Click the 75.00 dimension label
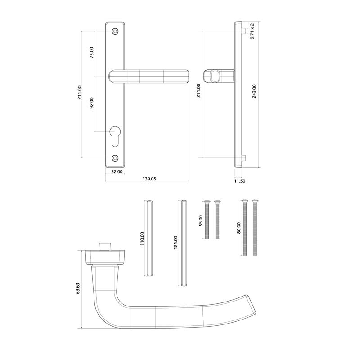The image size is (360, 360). pos(92,52)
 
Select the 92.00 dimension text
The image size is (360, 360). pos(92,103)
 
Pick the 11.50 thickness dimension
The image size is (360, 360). pos(240,180)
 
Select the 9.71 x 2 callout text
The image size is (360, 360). pos(252,31)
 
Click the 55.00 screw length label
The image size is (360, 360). pos(201,221)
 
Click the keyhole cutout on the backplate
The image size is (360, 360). pos(115,137)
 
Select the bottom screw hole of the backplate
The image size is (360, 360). pos(115,158)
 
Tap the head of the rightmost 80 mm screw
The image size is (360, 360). pos(255,201)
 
